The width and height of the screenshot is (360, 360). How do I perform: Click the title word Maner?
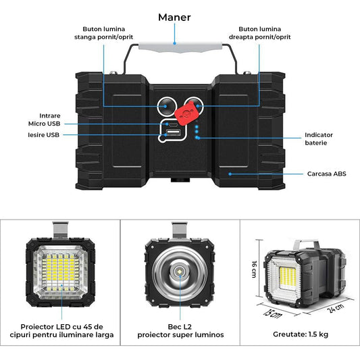(174, 18)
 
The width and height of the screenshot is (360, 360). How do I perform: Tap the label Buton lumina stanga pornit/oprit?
(105, 33)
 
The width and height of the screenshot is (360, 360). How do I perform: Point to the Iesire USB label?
(43, 136)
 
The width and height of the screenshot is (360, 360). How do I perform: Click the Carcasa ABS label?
(326, 174)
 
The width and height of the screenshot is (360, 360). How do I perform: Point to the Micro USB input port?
(173, 124)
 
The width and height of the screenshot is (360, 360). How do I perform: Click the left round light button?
(165, 105)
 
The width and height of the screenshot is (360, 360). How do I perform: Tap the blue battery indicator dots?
(196, 131)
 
